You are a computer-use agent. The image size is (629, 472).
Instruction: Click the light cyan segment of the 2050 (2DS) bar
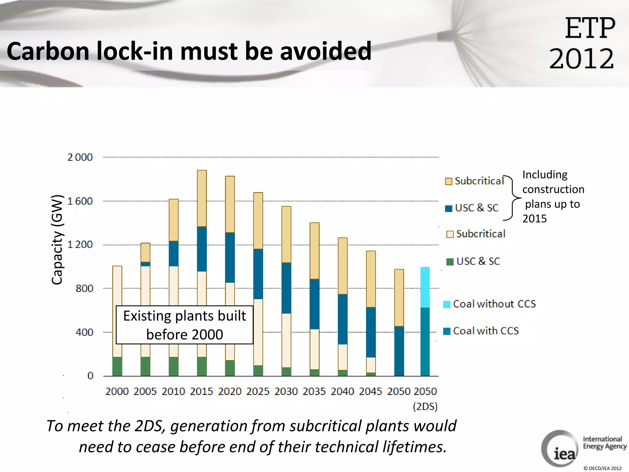425,287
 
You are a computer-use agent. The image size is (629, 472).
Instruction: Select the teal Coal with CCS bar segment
425,342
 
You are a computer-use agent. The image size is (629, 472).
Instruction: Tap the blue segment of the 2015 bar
202,249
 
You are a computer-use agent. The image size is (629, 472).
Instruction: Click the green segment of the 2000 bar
117,366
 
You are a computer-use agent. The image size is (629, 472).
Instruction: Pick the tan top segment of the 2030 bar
286,234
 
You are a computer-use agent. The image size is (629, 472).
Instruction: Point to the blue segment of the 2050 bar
399,351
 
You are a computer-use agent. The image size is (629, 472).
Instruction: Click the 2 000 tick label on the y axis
80,157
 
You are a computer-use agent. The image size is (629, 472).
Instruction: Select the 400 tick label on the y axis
84,332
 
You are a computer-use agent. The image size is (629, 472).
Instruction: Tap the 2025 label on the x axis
258,391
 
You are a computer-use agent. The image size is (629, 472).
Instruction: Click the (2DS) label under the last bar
425,407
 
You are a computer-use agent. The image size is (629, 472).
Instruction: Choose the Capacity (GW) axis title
57,240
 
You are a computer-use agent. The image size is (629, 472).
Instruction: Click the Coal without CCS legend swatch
447,304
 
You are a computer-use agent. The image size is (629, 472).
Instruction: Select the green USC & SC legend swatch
450,262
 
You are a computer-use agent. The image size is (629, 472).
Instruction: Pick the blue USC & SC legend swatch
448,208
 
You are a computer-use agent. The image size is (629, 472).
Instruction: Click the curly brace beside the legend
512,198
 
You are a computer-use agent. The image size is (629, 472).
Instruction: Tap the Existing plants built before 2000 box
185,325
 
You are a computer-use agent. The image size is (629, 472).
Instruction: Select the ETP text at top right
590,28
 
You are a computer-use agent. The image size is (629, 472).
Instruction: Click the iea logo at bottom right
560,449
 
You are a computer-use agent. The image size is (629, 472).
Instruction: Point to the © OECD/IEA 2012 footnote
602,468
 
